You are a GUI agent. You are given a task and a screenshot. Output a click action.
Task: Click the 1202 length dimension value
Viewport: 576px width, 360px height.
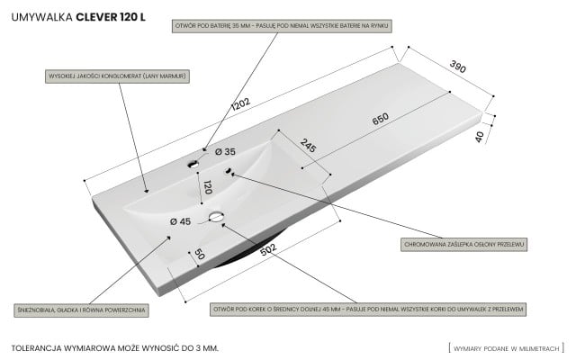pyautogui.click(x=240, y=106)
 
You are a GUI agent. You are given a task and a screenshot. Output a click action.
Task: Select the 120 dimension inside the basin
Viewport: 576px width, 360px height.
pyautogui.click(x=208, y=187)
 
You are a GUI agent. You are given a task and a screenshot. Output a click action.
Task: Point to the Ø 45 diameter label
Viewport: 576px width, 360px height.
pyautogui.click(x=180, y=220)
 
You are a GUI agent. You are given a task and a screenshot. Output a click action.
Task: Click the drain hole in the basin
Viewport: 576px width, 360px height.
pyautogui.click(x=217, y=217)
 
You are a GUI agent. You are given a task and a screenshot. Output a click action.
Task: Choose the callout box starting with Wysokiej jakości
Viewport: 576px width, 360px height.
pyautogui.click(x=117, y=77)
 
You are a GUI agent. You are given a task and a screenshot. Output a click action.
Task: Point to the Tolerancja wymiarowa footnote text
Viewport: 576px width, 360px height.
pyautogui.click(x=115, y=346)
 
